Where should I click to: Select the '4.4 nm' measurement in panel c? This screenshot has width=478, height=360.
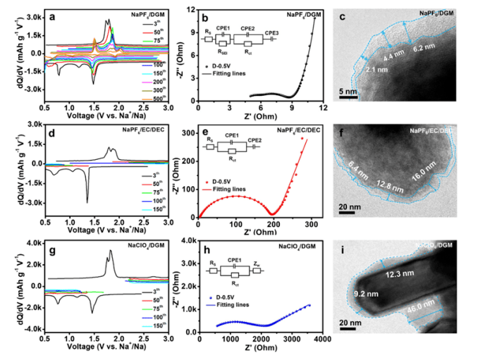tap(393, 55)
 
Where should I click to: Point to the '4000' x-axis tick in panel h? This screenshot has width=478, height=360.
tap(322, 339)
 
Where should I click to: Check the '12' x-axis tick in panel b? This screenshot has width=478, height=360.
tap(322, 107)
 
